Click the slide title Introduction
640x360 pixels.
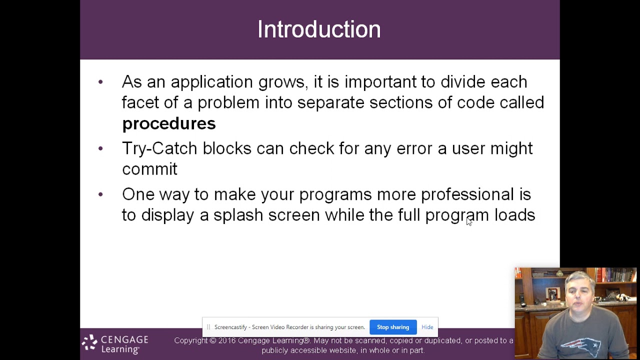[319, 29]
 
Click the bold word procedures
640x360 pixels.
[168, 124]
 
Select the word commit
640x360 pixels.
[149, 169]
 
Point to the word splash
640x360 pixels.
[238, 215]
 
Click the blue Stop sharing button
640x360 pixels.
[393, 327]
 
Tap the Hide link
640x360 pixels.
[427, 327]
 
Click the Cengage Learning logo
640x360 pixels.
[115, 344]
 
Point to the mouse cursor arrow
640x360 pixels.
[468, 221]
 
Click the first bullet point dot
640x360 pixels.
[100, 82]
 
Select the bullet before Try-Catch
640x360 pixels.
[100, 148]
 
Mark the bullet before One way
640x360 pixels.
[100, 194]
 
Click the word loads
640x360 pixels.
[514, 215]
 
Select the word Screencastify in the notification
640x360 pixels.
[230, 327]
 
